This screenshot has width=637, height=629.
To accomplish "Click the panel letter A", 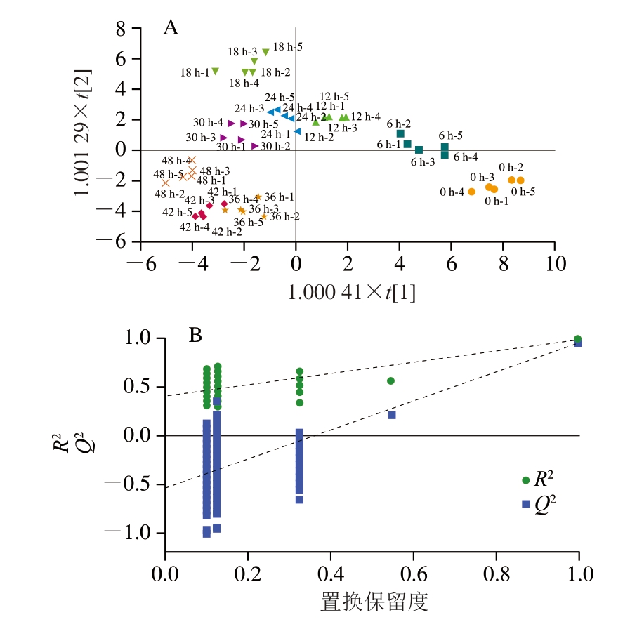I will [x=170, y=28].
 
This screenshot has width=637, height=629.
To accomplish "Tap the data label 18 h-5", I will [x=288, y=47].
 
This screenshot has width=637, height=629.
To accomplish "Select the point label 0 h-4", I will [x=452, y=192].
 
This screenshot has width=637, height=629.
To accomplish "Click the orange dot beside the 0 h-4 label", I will [x=471, y=192].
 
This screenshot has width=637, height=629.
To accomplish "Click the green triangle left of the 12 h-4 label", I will [x=344, y=117].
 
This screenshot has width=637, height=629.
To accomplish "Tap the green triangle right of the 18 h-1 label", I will [x=215, y=71].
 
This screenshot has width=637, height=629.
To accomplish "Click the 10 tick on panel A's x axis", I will [x=555, y=267].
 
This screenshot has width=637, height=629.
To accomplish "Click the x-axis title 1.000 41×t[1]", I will [x=351, y=293].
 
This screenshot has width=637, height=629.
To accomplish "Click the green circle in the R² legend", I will [x=525, y=480].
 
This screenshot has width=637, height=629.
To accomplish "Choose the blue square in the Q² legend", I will [x=525, y=503].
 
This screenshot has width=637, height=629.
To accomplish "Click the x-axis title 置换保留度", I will [x=372, y=602].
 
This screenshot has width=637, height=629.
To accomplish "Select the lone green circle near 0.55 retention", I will [x=390, y=380].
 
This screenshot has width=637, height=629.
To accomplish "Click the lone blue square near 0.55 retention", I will [x=392, y=415].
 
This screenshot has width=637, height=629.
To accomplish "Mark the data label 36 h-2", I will [x=284, y=217].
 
